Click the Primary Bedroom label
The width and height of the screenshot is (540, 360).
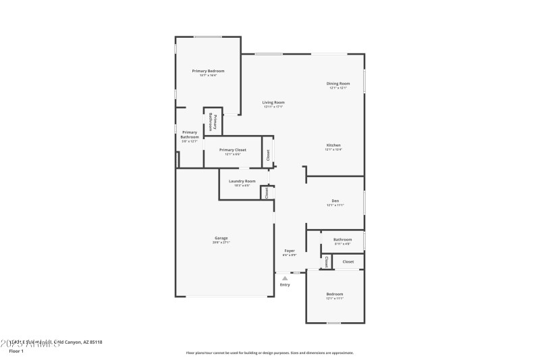click(208, 71)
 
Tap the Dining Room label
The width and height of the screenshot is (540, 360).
click(338, 84)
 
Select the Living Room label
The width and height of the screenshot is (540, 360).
click(273, 103)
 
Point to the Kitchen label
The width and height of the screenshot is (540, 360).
click(333, 145)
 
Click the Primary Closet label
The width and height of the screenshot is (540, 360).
click(232, 150)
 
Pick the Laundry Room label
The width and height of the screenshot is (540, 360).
click(242, 181)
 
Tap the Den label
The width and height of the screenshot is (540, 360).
click(335, 201)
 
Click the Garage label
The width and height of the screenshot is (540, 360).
click(221, 238)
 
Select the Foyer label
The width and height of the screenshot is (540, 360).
click(289, 251)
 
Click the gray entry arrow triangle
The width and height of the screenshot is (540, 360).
click(285, 278)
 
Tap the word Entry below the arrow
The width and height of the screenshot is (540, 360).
click(285, 285)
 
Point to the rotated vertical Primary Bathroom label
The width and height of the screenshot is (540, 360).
click(211, 121)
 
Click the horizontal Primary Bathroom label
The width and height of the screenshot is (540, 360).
click(190, 134)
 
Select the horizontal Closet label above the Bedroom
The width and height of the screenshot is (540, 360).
click(348, 261)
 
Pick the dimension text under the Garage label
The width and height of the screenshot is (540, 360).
click(221, 242)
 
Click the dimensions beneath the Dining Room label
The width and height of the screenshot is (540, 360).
click(338, 88)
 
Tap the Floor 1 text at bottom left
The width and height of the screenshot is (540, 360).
click(16, 351)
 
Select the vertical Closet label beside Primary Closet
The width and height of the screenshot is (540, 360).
click(267, 155)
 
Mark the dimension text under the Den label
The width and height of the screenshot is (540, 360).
click(335, 205)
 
